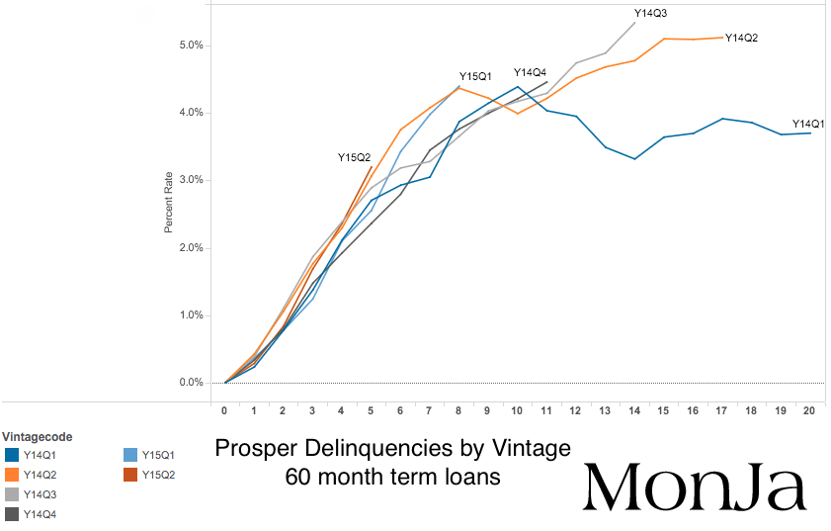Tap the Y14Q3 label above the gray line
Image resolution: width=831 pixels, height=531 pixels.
[650, 14]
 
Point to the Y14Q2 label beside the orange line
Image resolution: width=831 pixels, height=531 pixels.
[741, 38]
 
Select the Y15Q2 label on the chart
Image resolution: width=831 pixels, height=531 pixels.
[354, 157]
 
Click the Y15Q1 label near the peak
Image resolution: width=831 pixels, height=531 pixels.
[475, 76]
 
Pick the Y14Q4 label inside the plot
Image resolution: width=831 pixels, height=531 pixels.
[530, 72]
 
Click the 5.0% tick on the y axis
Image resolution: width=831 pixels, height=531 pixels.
[191, 45]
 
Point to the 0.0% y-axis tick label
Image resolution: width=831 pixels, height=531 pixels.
[191, 383]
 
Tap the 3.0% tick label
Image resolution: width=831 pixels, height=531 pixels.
[191, 180]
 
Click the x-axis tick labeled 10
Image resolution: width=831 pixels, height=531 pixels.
[518, 408]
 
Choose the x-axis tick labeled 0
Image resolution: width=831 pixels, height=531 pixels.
[225, 408]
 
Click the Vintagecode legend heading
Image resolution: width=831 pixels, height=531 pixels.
[38, 436]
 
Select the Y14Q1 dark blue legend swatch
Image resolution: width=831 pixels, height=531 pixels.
[12, 455]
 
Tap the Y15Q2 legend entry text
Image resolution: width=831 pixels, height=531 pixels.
[157, 475]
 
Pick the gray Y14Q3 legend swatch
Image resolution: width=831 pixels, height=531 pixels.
[12, 494]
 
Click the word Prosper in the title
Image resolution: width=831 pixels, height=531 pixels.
[253, 448]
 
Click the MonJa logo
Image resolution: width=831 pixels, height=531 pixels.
[696, 486]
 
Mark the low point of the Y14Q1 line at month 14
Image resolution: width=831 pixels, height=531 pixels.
[634, 158]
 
